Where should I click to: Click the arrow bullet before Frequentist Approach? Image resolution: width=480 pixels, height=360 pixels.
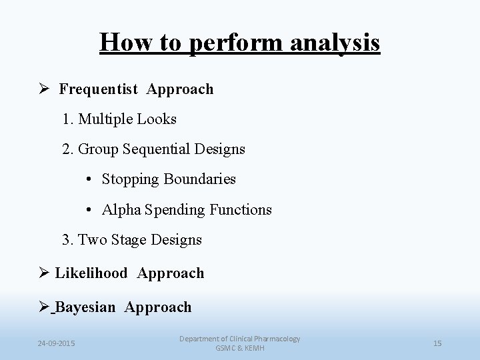coord(47,89)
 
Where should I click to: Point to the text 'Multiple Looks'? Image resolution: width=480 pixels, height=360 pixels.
coord(127,119)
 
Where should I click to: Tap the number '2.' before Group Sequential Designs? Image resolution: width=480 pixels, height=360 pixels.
coord(68,149)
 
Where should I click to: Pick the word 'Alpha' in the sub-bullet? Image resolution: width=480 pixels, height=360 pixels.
coord(121,209)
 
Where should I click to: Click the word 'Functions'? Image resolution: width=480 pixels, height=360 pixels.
coord(241,209)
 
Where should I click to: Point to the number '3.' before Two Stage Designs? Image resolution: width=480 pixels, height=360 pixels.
coord(68,239)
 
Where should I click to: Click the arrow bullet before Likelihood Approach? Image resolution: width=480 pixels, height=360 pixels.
coord(45,273)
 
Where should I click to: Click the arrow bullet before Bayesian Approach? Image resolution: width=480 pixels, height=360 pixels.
coord(45,307)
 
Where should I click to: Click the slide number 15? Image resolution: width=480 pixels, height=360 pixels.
coord(437,343)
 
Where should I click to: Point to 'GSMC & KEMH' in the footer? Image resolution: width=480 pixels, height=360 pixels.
coord(239,349)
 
